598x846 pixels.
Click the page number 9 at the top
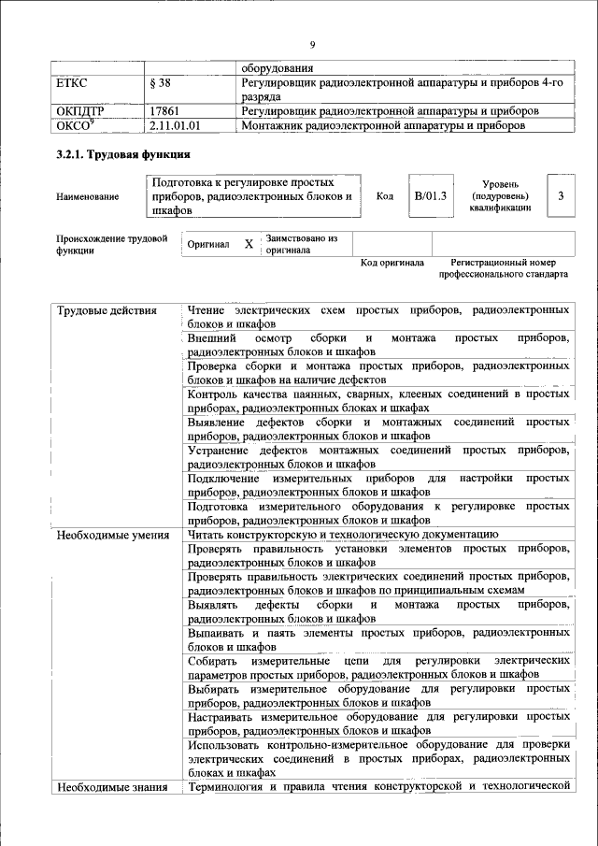coord(312,44)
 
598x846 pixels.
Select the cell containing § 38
coord(162,83)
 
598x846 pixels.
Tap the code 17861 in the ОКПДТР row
coord(165,110)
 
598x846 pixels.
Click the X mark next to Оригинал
coord(249,244)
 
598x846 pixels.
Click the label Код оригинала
coord(392,263)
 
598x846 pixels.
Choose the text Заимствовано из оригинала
coord(301,244)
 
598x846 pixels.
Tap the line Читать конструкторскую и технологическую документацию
coord(349,535)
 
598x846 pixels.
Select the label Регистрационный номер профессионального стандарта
coord(503,269)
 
